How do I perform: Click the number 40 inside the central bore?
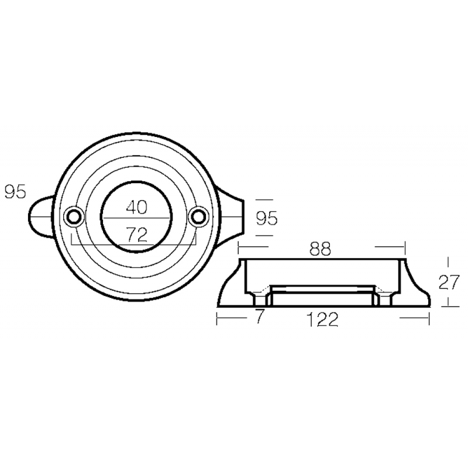tap(136, 207)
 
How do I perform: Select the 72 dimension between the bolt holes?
tap(136, 235)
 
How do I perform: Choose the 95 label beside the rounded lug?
tap(15, 192)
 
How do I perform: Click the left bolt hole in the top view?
tap(74, 216)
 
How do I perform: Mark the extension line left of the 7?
tap(230, 318)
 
